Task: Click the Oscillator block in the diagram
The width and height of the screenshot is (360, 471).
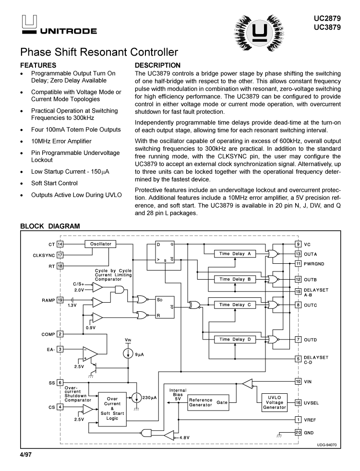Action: click(100, 244)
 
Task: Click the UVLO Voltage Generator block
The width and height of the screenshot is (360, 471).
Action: click(274, 402)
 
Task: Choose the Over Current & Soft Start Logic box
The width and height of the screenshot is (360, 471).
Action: click(112, 408)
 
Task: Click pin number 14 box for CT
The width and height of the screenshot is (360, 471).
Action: click(60, 244)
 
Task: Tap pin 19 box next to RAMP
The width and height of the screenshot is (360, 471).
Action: click(60, 300)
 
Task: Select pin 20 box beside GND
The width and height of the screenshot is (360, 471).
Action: click(298, 433)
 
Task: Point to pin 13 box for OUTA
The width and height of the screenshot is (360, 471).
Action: click(298, 254)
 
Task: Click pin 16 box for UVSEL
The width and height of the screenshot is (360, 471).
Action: click(298, 402)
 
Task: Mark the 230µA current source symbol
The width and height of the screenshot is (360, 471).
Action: click(137, 398)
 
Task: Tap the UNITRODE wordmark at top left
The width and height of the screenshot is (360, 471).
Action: click(68, 31)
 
